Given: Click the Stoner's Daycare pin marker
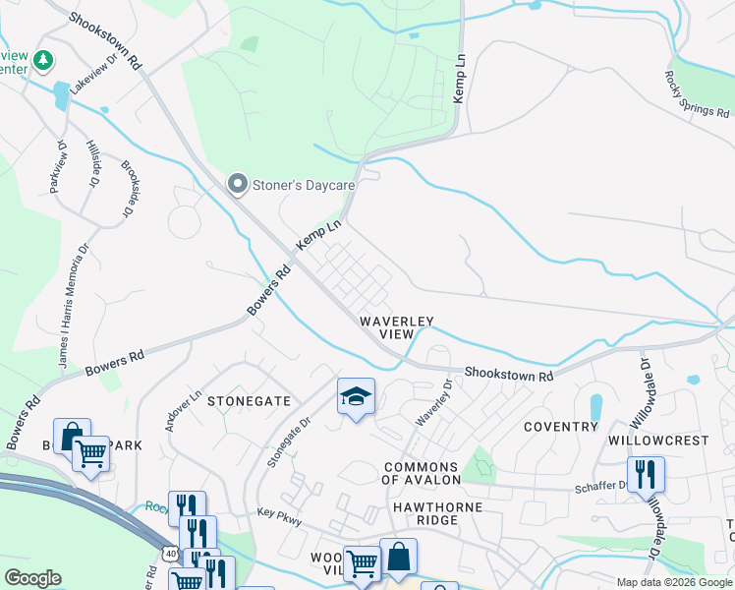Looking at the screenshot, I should pyautogui.click(x=237, y=184).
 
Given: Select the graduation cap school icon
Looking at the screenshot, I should pyautogui.click(x=356, y=397).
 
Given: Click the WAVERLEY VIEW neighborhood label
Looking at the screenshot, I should pyautogui.click(x=396, y=327).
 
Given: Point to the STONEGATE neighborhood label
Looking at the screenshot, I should pyautogui.click(x=249, y=401).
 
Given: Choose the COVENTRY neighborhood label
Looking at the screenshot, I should pyautogui.click(x=560, y=427).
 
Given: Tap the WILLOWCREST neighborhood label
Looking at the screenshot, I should pyautogui.click(x=656, y=441).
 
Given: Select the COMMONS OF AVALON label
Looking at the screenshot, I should pyautogui.click(x=422, y=473).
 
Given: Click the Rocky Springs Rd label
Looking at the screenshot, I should pyautogui.click(x=697, y=94).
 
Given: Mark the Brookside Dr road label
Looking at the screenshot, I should pyautogui.click(x=126, y=190).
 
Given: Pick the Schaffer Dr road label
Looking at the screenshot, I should pyautogui.click(x=600, y=486).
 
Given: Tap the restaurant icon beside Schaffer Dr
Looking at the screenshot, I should pyautogui.click(x=646, y=475).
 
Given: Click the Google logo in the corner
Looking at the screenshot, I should pyautogui.click(x=33, y=578).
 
